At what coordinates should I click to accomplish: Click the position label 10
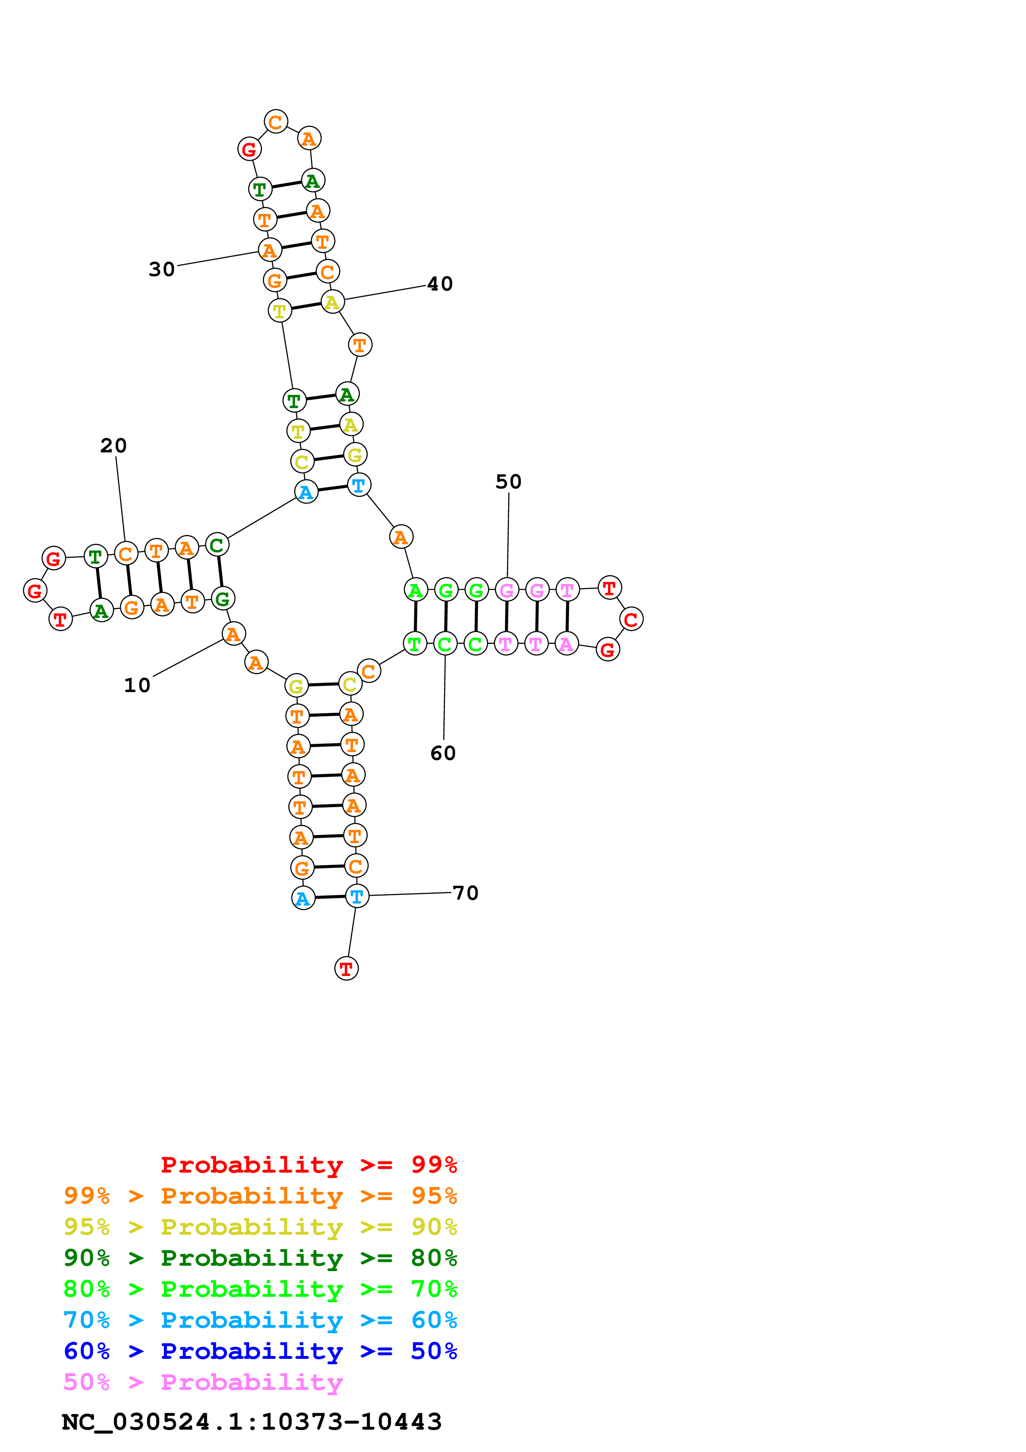click(x=137, y=685)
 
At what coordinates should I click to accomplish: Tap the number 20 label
click(x=114, y=445)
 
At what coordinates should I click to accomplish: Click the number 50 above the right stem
click(x=508, y=481)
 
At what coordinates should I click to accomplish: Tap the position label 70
click(x=466, y=892)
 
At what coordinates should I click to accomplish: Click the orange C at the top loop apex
click(x=276, y=121)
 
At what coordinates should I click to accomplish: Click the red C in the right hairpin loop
click(x=631, y=619)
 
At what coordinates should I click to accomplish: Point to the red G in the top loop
click(x=249, y=149)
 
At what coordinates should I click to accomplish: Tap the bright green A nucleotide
click(x=416, y=590)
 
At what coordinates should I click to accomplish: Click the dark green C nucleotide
click(x=217, y=545)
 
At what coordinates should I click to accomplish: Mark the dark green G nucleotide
click(x=223, y=598)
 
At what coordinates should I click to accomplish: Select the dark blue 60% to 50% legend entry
click(x=260, y=1351)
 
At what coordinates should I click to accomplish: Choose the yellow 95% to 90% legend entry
click(x=260, y=1227)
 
